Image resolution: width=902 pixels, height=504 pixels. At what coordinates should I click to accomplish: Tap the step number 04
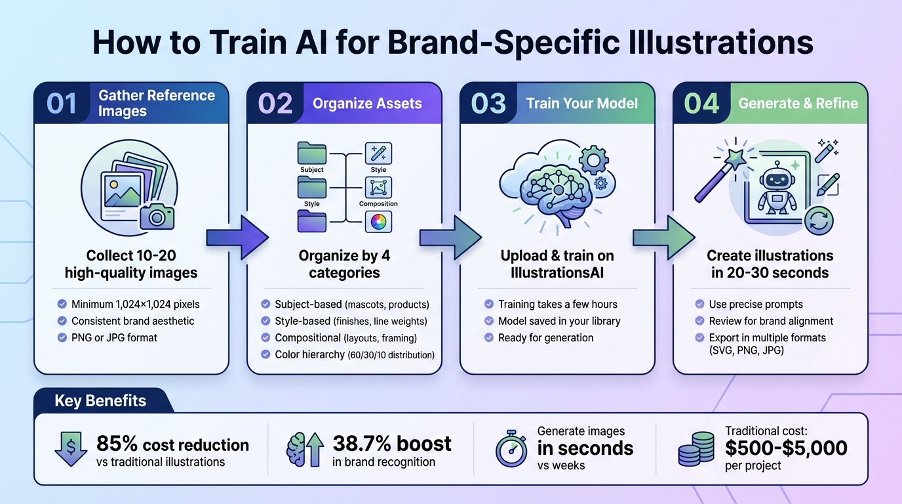coord(701,104)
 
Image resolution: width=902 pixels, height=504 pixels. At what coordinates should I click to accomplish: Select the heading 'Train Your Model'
coord(582,103)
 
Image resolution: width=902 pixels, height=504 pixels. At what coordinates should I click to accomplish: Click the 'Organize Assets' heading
coord(367,103)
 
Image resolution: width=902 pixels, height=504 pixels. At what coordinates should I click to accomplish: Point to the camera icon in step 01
coord(157,215)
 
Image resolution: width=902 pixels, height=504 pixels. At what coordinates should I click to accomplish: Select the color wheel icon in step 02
coord(378,222)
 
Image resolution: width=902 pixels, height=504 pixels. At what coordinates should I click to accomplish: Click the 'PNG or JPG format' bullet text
coord(115,338)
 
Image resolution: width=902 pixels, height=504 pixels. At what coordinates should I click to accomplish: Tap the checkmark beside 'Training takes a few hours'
coord(488,304)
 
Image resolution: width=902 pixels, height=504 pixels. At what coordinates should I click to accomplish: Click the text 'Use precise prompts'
coord(756,304)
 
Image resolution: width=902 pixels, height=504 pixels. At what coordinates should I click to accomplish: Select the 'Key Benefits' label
coord(100,401)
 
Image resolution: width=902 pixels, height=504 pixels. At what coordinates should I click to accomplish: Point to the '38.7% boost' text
coord(392,444)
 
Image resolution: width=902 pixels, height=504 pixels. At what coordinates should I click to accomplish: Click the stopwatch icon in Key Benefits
coord(511,450)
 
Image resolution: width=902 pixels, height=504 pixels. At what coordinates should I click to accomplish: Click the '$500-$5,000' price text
coord(786,448)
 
